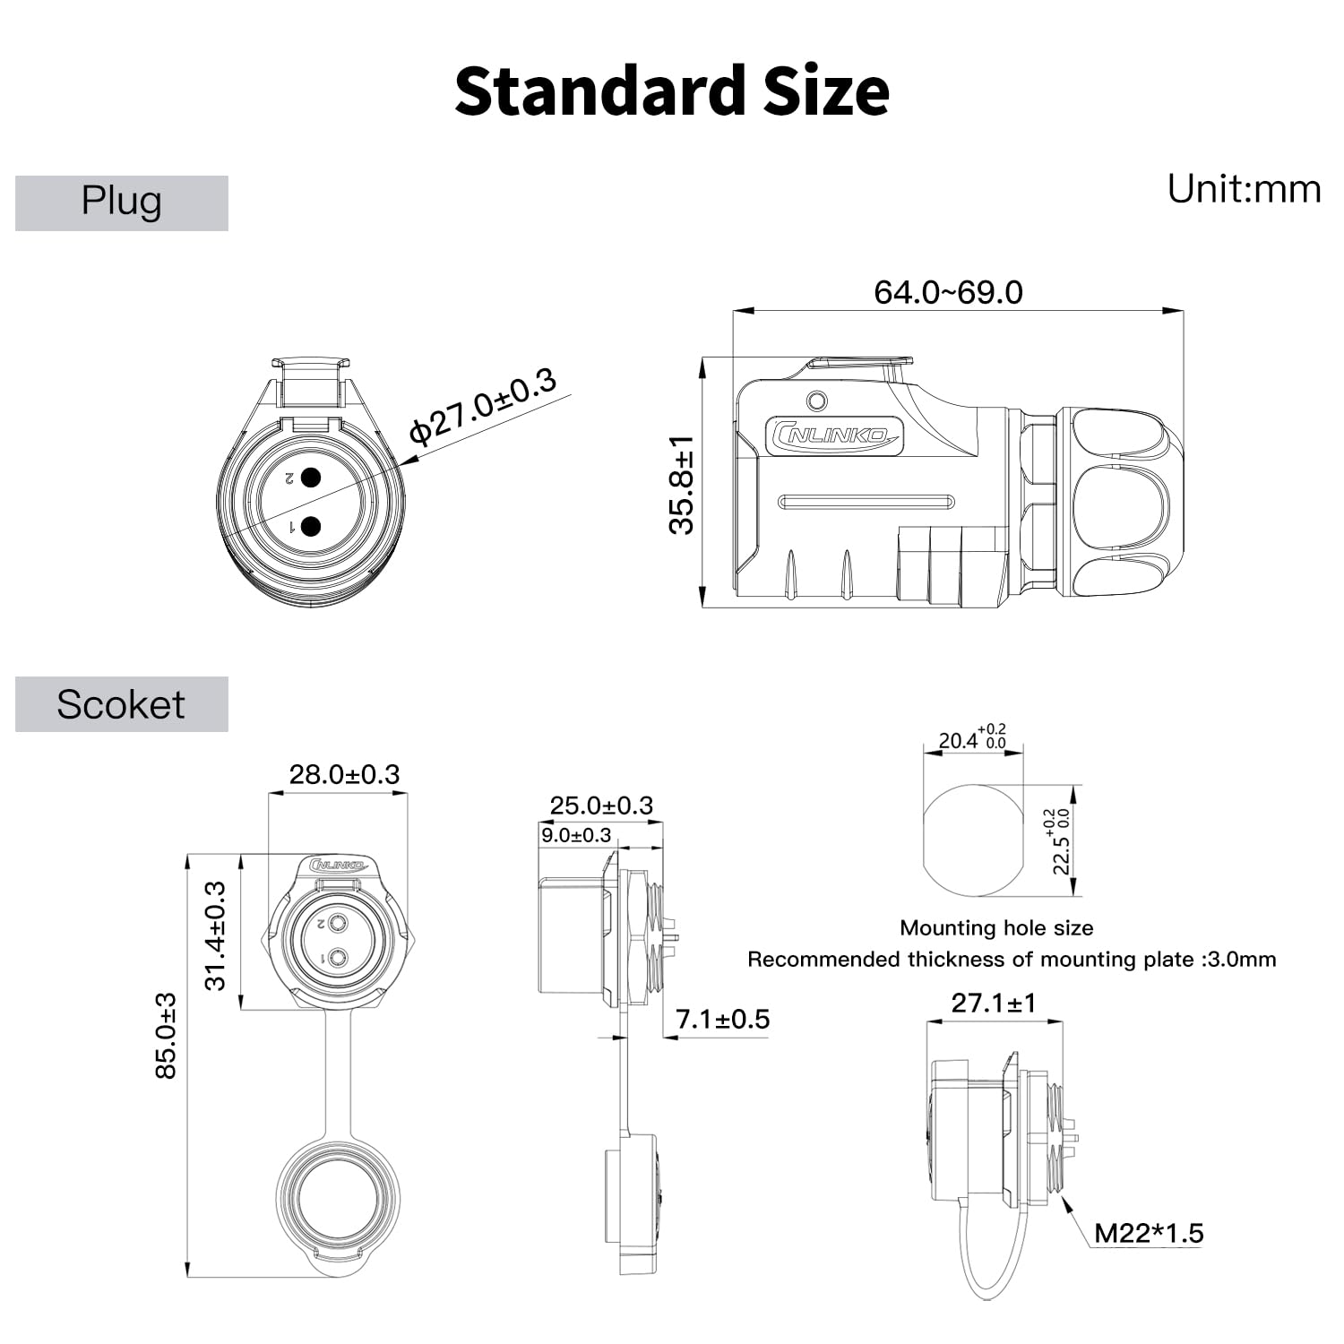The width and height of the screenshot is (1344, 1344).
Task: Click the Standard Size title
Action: pos(672,91)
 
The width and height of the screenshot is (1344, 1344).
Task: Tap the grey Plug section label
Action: pos(122,203)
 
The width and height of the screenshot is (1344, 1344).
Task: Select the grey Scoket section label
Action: pos(122,704)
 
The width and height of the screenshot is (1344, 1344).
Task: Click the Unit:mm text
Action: pos(1244,189)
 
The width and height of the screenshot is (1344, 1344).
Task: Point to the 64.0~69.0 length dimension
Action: pos(948,292)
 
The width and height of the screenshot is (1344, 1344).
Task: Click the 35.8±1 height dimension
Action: pos(682,485)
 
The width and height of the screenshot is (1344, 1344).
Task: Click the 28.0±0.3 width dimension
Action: pos(344,774)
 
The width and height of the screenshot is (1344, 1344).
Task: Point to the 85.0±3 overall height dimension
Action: pos(166,1035)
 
